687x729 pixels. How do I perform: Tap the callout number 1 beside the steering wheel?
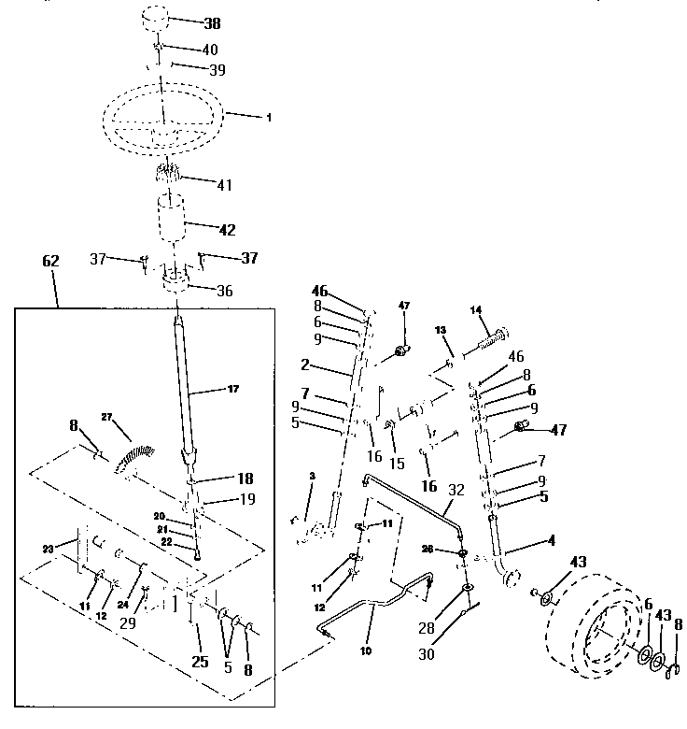[x=269, y=118]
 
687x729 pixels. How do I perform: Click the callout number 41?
[x=224, y=186]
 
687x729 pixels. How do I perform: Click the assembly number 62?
[x=50, y=263]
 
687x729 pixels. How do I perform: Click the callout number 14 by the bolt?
[x=475, y=309]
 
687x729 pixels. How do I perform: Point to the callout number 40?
[x=211, y=49]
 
